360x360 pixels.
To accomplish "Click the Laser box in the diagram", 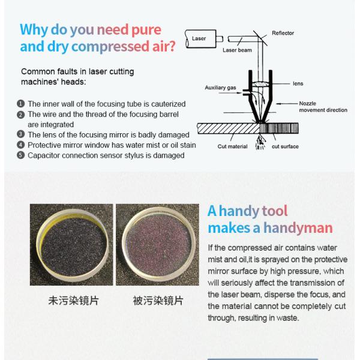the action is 200,38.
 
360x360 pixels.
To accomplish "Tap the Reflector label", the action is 283,33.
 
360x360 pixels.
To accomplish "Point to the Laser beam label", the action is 237,50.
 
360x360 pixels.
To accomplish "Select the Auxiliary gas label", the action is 220,88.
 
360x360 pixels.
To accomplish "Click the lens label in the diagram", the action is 298,83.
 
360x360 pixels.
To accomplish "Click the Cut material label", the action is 232,146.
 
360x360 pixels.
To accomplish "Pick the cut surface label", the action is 285,146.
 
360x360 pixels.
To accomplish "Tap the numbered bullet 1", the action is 20,104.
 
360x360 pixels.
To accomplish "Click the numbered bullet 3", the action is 20,134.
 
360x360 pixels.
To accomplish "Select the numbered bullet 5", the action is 20,155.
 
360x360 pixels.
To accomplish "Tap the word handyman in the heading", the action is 298,228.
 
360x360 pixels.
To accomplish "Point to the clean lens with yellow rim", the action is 71,245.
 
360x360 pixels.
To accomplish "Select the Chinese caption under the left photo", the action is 73,301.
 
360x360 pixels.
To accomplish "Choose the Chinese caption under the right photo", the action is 158,301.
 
